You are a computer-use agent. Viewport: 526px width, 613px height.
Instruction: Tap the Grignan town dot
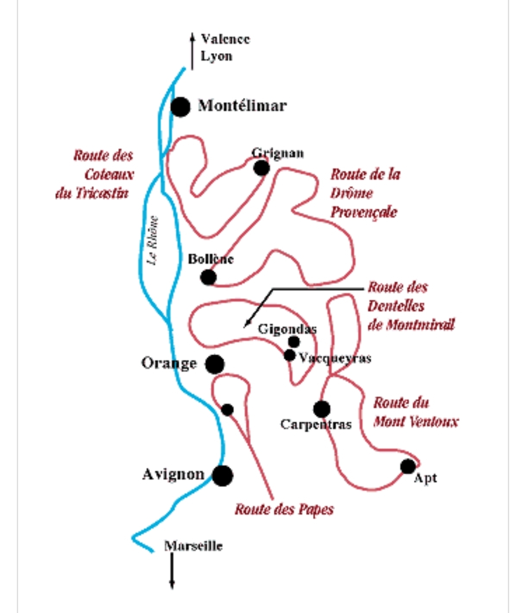[261, 168]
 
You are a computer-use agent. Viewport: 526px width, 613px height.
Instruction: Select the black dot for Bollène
[208, 277]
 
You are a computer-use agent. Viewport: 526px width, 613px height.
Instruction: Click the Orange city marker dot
[215, 364]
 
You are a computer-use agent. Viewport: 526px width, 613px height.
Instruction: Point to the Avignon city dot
[222, 475]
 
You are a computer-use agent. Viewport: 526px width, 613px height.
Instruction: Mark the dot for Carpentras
[322, 409]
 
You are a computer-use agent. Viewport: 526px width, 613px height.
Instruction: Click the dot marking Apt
[408, 466]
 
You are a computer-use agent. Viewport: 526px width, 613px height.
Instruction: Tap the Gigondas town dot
[294, 342]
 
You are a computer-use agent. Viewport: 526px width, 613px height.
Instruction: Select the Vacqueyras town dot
[290, 355]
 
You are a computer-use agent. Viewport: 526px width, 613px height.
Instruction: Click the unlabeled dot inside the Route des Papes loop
[227, 410]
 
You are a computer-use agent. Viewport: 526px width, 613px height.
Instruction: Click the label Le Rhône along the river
[153, 240]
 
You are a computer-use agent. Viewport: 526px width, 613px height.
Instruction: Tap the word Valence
[225, 39]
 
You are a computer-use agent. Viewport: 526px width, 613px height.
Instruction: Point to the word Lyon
[216, 56]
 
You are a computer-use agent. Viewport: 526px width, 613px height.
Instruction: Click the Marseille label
[194, 546]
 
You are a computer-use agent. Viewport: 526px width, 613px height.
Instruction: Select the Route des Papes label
[284, 509]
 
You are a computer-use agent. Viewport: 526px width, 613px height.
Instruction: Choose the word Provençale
[363, 212]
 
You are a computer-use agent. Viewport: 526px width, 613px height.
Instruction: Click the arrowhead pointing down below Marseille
[172, 585]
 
